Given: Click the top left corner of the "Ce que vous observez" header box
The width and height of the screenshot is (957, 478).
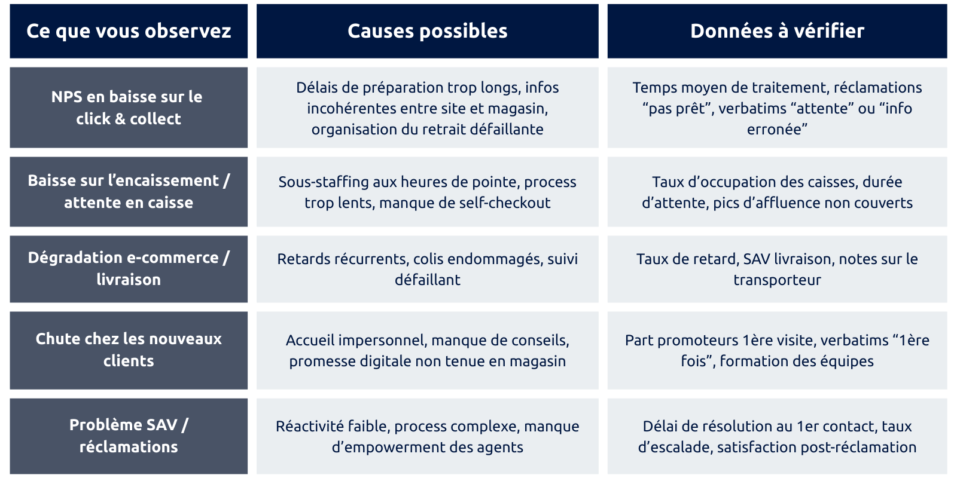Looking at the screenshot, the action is (10, 4).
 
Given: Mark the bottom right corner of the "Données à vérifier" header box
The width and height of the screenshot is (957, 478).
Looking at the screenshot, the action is (947, 59).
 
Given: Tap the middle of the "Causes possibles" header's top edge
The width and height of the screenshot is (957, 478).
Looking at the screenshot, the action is (427, 4).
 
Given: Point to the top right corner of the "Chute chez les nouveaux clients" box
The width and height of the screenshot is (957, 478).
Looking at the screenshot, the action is (248, 311).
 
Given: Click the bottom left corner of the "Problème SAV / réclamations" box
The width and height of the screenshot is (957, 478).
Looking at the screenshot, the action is (10, 474).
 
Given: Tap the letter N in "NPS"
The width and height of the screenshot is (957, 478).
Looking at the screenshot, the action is (57, 97).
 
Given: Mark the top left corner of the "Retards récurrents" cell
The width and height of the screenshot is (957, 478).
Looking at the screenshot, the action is (257, 235).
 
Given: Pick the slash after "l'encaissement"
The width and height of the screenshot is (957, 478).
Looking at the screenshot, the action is (227, 180).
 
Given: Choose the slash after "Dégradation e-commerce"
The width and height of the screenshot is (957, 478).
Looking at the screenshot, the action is (226, 258).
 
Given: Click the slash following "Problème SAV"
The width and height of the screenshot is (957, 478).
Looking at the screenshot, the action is (185, 425).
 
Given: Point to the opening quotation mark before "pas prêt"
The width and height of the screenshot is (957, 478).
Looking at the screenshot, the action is (645, 105).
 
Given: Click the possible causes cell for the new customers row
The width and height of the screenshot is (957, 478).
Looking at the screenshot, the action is (427, 350).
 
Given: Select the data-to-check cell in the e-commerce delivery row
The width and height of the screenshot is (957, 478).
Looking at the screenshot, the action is (777, 269).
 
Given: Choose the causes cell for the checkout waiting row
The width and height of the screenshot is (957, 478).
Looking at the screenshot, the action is (427, 192).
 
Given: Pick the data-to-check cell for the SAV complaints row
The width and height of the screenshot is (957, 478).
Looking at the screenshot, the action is (777, 436).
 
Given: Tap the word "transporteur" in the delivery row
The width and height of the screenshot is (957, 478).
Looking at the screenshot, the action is (777, 280).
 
